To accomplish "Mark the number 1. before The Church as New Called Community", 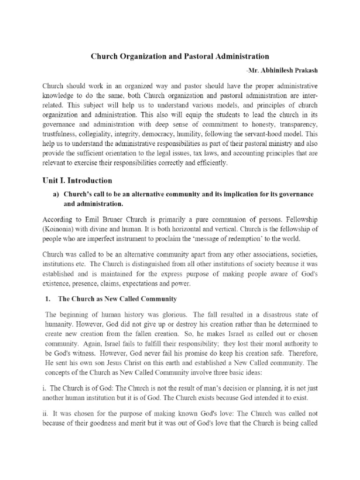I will coord(47,299).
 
